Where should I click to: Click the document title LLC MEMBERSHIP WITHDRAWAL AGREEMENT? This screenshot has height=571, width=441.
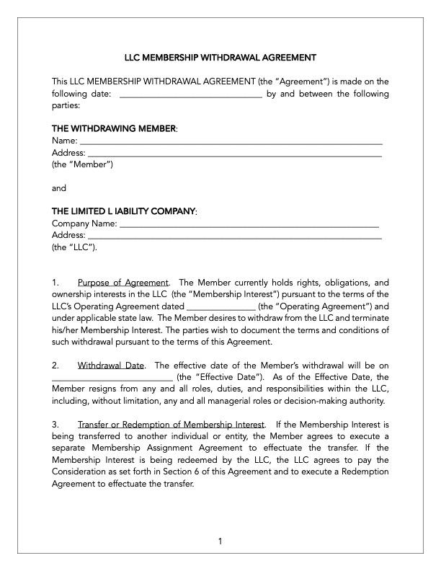[x=220, y=57]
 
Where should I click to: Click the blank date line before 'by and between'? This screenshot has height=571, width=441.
[x=190, y=94]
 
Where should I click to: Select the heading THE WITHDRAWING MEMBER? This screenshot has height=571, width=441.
[x=114, y=128]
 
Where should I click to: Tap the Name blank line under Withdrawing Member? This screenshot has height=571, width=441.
[x=231, y=142]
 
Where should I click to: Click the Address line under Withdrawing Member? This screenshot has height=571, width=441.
[x=234, y=154]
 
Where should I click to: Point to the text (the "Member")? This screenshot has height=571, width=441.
[x=82, y=164]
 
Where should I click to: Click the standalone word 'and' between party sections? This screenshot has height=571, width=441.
[x=59, y=188]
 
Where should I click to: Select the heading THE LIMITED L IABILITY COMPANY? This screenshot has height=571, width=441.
[x=123, y=211]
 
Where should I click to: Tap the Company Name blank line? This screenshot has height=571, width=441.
[x=249, y=224]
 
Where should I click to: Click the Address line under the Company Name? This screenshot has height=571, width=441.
[x=234, y=236]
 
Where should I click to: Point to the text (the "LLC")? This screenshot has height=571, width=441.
[x=75, y=247]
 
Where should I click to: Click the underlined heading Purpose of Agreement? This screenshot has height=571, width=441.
[x=122, y=283]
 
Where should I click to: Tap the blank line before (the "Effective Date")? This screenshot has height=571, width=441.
[x=112, y=377]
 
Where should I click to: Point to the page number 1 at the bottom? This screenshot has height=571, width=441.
[x=220, y=541]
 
